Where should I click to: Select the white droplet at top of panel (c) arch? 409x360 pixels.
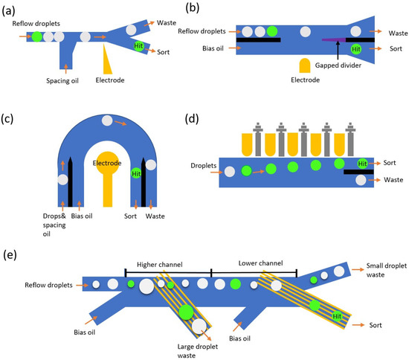[109, 120]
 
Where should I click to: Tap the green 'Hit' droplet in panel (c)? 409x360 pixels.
[137, 174]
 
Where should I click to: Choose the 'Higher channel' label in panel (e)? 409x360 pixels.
[168, 264]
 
